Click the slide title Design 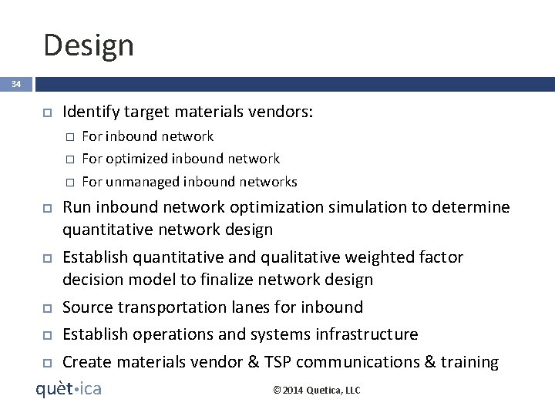click(x=89, y=45)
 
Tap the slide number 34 click(x=16, y=84)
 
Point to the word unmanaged click(x=143, y=182)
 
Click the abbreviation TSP click(x=314, y=362)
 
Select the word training click(x=469, y=362)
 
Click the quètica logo click(x=69, y=389)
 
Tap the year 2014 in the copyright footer click(x=292, y=391)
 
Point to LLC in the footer click(x=351, y=391)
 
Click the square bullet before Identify click(x=46, y=113)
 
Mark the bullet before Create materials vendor click(x=46, y=363)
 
